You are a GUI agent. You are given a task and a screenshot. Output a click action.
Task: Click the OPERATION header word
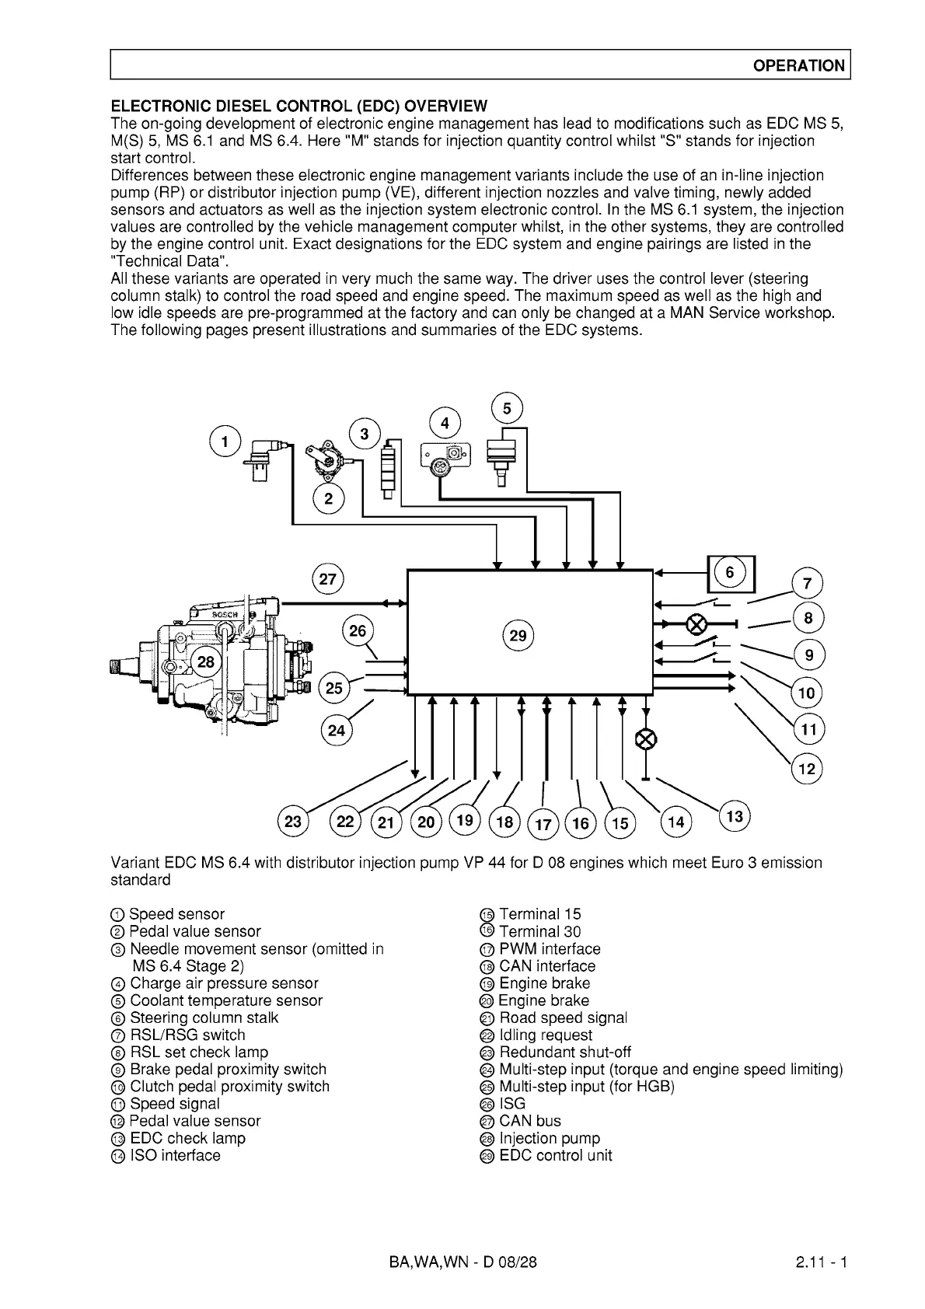[798, 66]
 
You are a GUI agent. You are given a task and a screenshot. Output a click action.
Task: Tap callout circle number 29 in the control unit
[518, 636]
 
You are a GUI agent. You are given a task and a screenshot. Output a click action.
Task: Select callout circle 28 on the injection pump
[206, 662]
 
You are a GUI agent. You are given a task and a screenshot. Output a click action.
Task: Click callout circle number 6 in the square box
[730, 573]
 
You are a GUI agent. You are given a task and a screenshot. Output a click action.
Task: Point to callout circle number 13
[735, 816]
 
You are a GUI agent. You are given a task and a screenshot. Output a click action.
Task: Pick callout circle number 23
[294, 822]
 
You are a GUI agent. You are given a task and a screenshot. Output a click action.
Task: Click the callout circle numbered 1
[225, 442]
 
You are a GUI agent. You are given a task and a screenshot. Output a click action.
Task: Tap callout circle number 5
[508, 409]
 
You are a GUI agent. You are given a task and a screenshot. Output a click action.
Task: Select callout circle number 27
[328, 579]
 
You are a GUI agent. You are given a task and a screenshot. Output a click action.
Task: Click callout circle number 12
[808, 770]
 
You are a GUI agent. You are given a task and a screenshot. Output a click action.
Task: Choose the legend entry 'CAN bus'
[529, 1121]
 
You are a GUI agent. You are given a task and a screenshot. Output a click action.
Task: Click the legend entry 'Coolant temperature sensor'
[225, 1000]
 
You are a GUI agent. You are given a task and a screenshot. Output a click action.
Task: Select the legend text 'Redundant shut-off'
[564, 1052]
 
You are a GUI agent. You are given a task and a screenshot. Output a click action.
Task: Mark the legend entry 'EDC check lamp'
[187, 1138]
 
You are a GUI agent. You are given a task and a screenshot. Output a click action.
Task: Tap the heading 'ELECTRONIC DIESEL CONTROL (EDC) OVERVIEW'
[300, 106]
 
